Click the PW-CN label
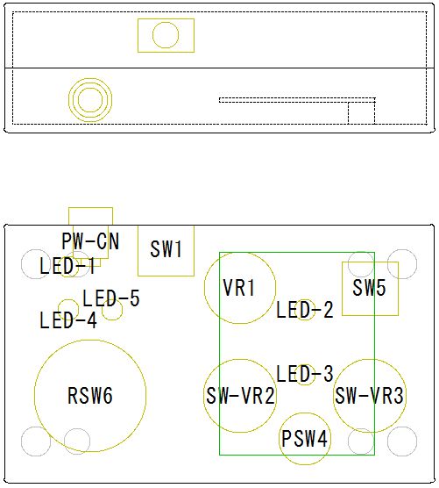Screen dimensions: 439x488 90,240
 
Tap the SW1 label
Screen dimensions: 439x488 166,249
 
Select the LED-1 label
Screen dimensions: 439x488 67,266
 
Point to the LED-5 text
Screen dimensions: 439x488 111,298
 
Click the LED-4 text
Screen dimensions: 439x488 68,320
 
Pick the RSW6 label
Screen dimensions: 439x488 90,396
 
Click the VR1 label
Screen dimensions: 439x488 239,287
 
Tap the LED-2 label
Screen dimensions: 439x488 305,310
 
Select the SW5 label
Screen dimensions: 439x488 369,287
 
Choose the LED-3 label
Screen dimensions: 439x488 305,374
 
